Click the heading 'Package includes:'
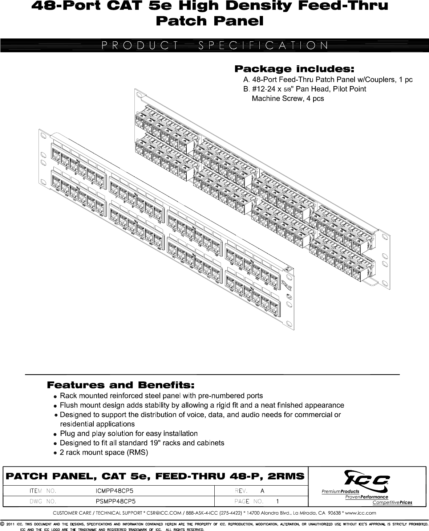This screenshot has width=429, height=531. pyautogui.click(x=294, y=69)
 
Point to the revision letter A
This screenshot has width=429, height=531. pyautogui.click(x=262, y=491)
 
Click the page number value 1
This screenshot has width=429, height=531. pyautogui.click(x=278, y=502)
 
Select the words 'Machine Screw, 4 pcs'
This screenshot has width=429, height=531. pyautogui.click(x=288, y=99)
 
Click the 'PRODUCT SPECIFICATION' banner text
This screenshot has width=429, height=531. pyautogui.click(x=214, y=45)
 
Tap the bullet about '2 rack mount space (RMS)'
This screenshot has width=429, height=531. pyautogui.click(x=104, y=453)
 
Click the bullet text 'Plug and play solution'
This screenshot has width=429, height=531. pyautogui.click(x=129, y=433)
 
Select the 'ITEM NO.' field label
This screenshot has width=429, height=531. pyautogui.click(x=43, y=491)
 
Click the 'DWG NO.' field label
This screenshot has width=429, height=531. pyautogui.click(x=43, y=502)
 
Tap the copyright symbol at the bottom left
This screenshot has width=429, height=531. pyautogui.click(x=3, y=524)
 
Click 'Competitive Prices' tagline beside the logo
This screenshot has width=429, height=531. pyautogui.click(x=392, y=503)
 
